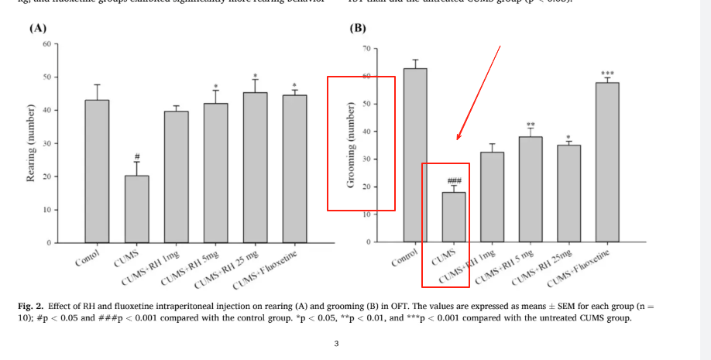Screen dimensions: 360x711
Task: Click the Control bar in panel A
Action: [97, 171]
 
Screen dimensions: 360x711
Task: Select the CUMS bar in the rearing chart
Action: [136, 209]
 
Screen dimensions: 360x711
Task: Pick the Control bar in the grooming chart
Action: [415, 155]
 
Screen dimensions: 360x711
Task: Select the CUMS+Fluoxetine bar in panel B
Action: [607, 162]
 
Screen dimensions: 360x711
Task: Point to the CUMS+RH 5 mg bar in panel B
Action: [531, 189]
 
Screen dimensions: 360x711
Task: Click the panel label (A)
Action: [36, 28]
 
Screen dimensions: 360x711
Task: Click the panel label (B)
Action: [357, 29]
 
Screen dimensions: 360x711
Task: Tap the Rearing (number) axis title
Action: [30, 152]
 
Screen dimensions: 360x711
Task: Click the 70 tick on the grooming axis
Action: [365, 49]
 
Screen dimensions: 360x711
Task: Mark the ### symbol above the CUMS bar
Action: [454, 180]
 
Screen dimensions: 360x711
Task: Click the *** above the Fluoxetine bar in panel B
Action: [607, 74]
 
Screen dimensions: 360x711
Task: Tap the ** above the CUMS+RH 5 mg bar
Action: [531, 125]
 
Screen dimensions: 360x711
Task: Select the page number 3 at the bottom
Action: [335, 344]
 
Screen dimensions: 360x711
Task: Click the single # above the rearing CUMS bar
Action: [136, 155]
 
